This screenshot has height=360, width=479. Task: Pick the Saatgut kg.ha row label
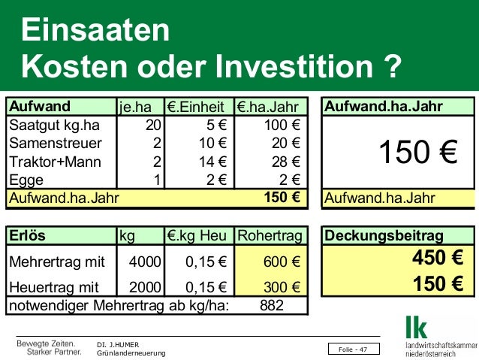click(x=54, y=125)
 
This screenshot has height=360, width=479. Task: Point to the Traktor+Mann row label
click(x=52, y=162)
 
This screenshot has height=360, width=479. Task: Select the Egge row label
click(x=26, y=180)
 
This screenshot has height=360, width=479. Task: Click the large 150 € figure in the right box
click(x=417, y=153)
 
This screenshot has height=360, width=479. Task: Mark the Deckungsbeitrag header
click(x=384, y=235)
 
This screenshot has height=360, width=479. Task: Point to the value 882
click(x=271, y=306)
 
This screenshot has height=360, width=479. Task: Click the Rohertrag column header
click(x=270, y=235)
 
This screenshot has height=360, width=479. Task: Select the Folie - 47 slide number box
click(x=353, y=349)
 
